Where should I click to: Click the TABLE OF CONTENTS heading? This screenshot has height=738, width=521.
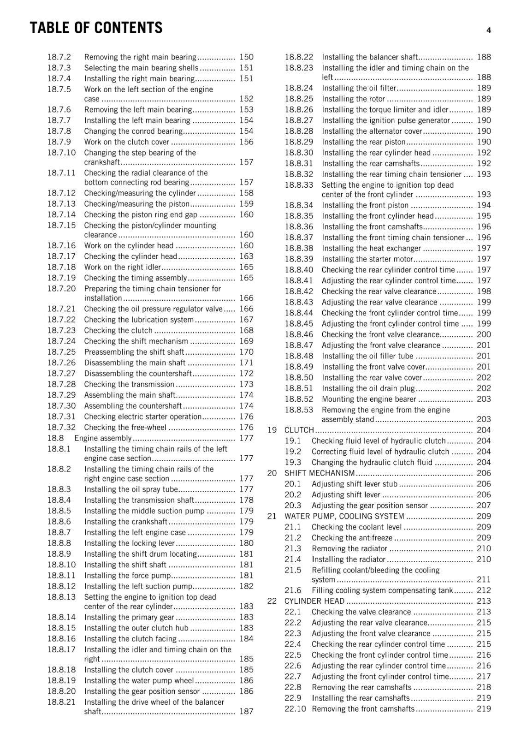(96, 28)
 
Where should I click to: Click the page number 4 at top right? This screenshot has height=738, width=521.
(488, 30)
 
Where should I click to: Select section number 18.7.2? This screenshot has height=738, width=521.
(59, 57)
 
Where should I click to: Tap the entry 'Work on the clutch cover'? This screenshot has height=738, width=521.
(127, 142)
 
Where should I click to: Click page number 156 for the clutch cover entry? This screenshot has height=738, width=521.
(246, 142)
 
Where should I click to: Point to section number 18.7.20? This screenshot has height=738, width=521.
(61, 289)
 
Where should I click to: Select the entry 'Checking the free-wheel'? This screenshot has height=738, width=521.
(125, 428)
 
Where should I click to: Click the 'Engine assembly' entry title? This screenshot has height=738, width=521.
(103, 438)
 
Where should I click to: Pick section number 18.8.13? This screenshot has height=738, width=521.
(61, 597)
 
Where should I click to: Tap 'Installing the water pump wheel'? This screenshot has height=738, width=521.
(139, 680)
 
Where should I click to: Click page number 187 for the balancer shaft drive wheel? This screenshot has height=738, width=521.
(246, 712)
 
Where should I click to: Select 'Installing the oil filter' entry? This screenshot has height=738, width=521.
(359, 88)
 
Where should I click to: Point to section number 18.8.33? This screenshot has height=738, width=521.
(299, 185)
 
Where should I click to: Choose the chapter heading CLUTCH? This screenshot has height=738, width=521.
(299, 430)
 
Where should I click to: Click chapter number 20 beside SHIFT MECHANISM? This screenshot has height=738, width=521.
(272, 473)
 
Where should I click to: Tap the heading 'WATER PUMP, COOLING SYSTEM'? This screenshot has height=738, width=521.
(344, 516)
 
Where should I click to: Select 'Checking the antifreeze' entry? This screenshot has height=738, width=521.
(352, 538)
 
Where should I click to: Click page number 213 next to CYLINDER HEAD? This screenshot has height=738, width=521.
(484, 601)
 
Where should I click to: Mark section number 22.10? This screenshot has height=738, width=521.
(295, 709)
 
